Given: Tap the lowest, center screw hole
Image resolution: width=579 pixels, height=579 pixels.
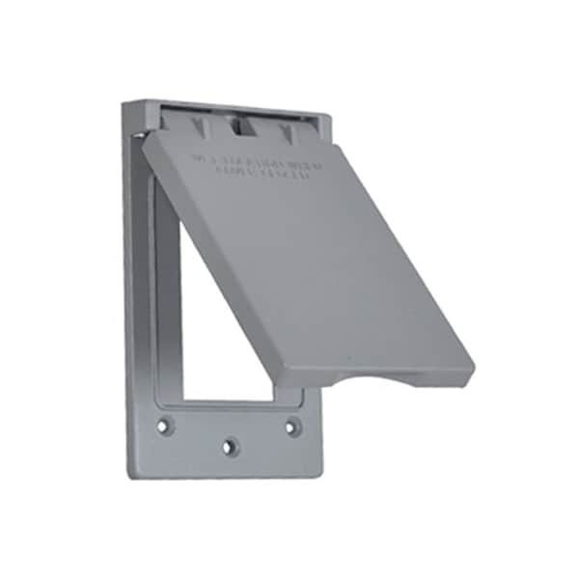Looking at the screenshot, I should (229, 447).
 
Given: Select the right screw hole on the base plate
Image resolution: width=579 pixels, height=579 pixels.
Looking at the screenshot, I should (291, 424).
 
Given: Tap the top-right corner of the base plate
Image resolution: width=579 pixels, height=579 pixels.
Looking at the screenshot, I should (330, 118).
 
